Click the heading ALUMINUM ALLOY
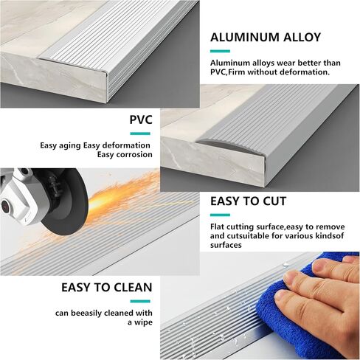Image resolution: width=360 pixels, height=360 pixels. tap(266, 38)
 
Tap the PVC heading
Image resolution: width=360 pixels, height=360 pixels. tap(141, 120)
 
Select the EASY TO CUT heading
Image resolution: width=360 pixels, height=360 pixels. tap(248, 201)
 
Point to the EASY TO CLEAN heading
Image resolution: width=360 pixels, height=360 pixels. tap(107, 288)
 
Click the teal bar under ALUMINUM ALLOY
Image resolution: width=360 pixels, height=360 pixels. tap(220, 51)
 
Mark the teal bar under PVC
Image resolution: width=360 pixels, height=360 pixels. tap(140, 134)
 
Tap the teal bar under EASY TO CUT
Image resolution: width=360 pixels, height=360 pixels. tap(220, 215)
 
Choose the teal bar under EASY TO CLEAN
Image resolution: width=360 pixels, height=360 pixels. tap(140, 301)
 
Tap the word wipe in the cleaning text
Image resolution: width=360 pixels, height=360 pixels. tap(143, 322)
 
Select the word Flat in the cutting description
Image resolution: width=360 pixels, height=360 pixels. tap(218, 226)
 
